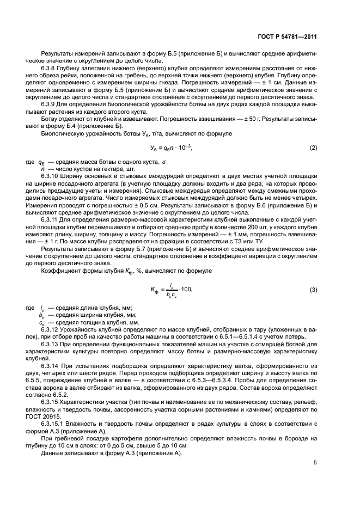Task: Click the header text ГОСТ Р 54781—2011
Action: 288,36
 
